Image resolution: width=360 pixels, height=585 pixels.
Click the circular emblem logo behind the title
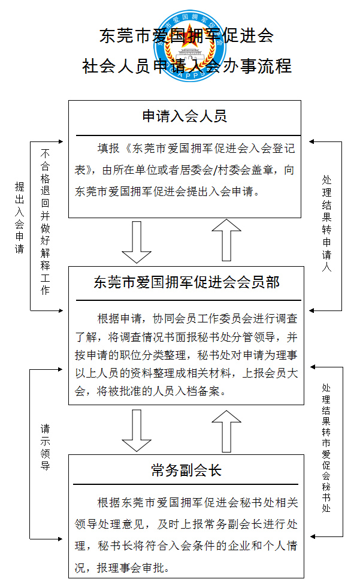coord(190,46)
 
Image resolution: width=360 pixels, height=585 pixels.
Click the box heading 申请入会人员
coord(184,116)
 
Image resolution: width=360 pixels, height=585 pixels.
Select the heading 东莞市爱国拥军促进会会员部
coord(186,282)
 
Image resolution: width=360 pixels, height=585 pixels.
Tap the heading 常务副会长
coord(186,470)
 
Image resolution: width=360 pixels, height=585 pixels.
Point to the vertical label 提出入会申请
coord(19,218)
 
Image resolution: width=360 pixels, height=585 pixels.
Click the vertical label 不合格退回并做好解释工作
coord(45,222)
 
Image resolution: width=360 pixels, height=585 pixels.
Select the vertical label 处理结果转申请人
coord(327,224)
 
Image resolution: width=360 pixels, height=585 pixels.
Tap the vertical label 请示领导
coord(45,447)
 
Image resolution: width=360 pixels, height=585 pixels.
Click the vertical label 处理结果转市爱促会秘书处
coord(326,448)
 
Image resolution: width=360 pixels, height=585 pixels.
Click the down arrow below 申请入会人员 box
coord(137,242)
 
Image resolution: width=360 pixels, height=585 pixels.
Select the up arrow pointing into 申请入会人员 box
coord(226,240)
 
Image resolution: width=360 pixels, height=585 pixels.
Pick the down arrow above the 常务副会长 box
coord(137,430)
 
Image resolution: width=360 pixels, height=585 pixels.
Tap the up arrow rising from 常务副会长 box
coord(226,432)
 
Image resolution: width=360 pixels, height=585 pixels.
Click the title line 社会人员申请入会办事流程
coord(187,66)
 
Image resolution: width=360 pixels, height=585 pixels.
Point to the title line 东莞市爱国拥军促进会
coord(187,35)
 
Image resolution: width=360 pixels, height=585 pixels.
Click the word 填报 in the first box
coord(108,148)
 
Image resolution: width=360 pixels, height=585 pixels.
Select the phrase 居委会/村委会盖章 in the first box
coord(230,170)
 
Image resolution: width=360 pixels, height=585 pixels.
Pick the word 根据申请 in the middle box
coord(120,318)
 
